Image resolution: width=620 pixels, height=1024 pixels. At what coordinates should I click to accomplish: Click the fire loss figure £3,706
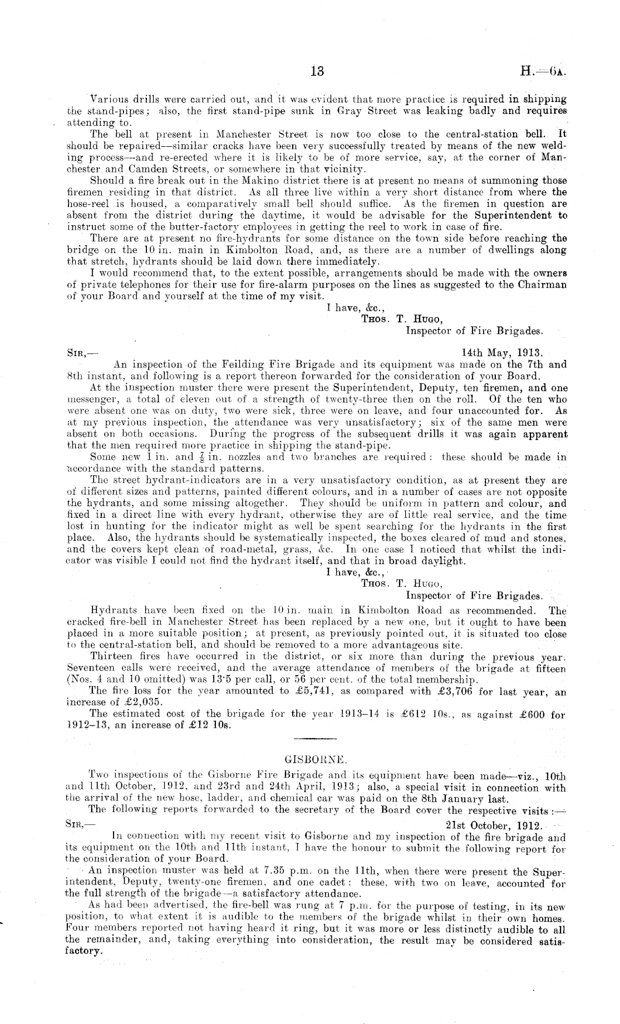(x=445, y=691)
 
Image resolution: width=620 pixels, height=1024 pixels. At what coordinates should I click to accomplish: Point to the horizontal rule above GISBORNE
(x=315, y=738)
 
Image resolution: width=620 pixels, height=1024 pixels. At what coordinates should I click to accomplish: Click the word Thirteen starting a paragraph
(x=110, y=656)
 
